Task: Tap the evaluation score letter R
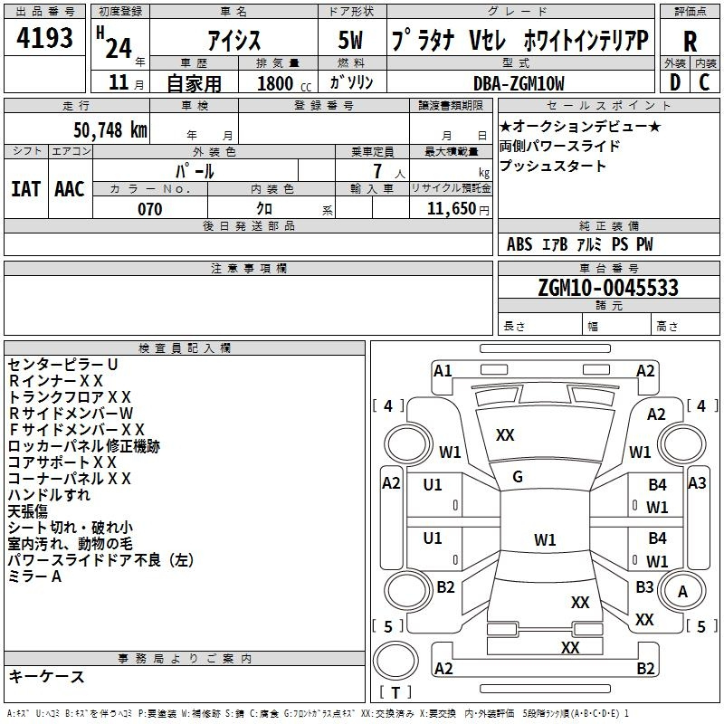[690, 42]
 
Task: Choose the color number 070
[149, 209]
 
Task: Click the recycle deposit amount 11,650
[446, 209]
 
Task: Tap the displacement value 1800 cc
[276, 83]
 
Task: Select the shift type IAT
[25, 188]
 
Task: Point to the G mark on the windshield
[518, 477]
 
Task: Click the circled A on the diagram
[683, 591]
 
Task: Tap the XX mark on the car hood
[505, 435]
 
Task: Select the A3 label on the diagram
[696, 483]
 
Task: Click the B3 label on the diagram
[644, 587]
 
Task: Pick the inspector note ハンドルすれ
[49, 495]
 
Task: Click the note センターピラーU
[63, 364]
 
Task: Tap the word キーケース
[47, 677]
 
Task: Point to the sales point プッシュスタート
[553, 167]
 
